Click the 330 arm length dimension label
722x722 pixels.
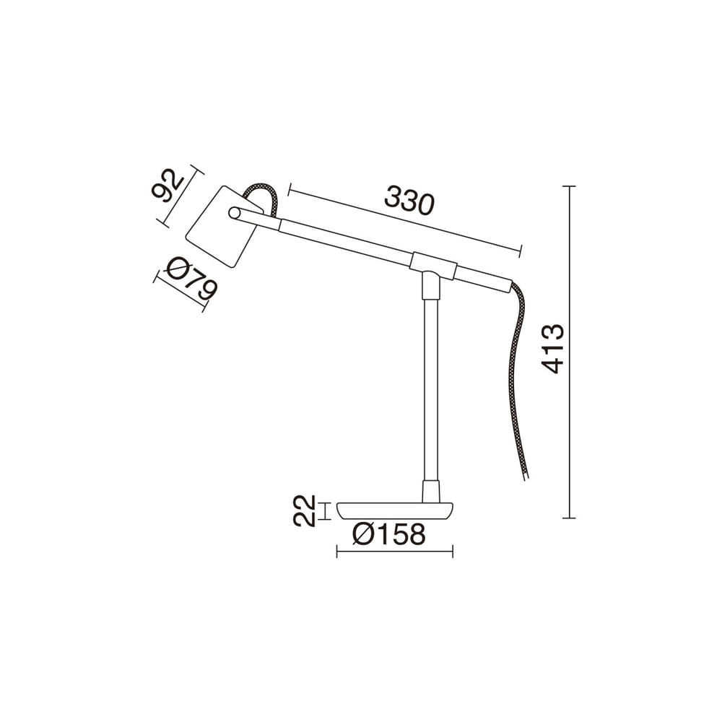[409, 201]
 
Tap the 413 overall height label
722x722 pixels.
[552, 348]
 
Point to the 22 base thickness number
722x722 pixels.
[305, 510]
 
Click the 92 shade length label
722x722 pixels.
[168, 186]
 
